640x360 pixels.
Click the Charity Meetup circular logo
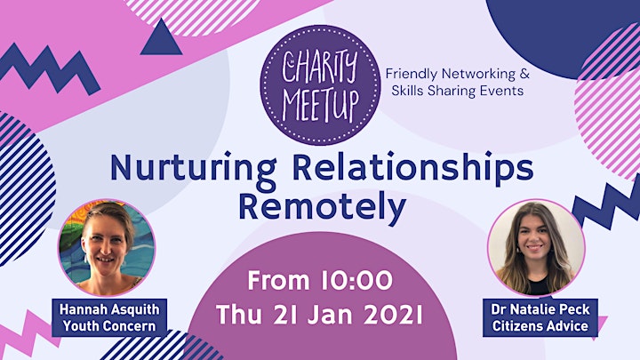pos(320,85)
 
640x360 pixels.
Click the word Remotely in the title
pos(322,207)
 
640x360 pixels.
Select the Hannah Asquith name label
pos(109,309)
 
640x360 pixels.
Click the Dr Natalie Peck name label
pos(540,309)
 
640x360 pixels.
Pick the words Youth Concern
pos(109,326)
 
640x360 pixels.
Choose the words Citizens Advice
pos(540,326)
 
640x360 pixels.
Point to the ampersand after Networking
pos(524,74)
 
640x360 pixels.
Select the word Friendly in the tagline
pos(412,75)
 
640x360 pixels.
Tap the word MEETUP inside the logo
pos(321,106)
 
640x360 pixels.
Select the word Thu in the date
pos(239,315)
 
